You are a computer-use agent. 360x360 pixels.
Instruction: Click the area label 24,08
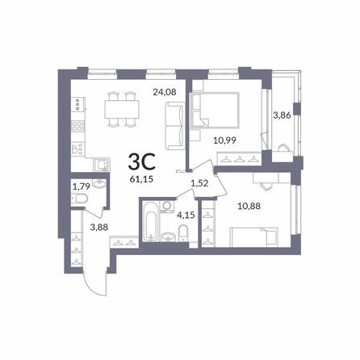(x=165, y=92)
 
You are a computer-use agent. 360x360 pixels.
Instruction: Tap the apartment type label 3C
(x=142, y=161)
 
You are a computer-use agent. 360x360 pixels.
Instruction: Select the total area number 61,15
(x=141, y=179)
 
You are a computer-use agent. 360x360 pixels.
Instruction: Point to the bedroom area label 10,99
(x=224, y=140)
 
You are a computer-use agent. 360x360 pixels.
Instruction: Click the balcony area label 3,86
(x=282, y=115)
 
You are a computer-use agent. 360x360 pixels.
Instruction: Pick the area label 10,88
(x=249, y=206)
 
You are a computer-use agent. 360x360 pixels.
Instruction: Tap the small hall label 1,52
(x=199, y=183)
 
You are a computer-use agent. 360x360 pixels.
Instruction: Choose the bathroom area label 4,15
(x=186, y=215)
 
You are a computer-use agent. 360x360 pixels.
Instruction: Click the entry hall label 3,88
(x=99, y=228)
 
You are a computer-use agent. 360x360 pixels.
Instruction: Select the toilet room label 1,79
(x=81, y=186)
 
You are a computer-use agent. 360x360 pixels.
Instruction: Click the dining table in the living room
(x=122, y=109)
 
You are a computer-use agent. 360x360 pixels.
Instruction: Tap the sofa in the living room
(x=175, y=126)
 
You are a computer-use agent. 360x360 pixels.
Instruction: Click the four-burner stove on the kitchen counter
(x=77, y=126)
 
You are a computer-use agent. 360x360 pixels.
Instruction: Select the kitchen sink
(x=102, y=165)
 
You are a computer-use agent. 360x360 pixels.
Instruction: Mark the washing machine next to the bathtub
(x=167, y=207)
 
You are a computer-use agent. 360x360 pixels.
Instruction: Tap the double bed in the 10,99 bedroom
(x=215, y=109)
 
